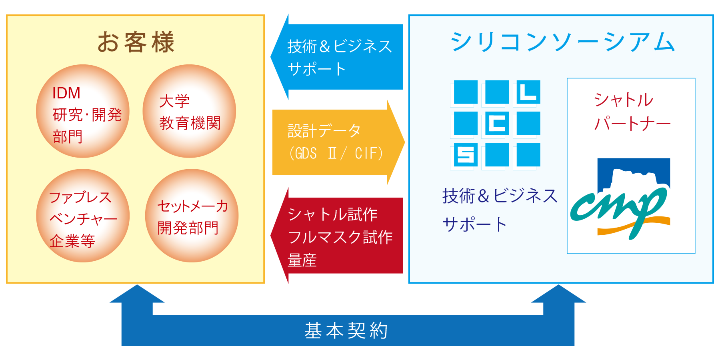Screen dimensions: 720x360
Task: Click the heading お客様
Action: coord(136,42)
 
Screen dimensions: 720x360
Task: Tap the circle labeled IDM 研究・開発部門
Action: coord(83,111)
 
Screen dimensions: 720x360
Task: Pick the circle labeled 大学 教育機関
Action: coord(189,111)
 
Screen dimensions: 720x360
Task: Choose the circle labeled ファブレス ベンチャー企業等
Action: coord(83,216)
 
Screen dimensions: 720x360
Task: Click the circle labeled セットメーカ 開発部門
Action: coord(192,216)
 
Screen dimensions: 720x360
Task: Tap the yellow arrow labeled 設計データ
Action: coord(338,142)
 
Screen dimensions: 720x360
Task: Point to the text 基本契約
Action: coord(346,330)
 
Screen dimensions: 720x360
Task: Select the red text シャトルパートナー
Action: coord(632,112)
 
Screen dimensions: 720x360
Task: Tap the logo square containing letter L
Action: coord(528,92)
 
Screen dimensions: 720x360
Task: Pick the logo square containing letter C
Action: coord(497,123)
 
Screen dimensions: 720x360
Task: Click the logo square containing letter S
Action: coord(466,154)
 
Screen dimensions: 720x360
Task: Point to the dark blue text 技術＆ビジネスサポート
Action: coord(500,210)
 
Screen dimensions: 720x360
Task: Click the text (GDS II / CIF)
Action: coord(336,153)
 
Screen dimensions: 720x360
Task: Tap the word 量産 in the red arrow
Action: coord(302,260)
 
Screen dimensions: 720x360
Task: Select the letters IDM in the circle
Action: coord(66,93)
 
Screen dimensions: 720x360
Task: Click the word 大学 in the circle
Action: coord(174,101)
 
